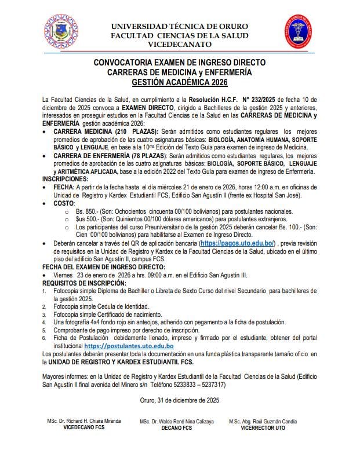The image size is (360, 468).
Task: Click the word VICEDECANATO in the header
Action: click(179, 44)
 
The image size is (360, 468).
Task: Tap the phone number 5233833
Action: click(276, 384)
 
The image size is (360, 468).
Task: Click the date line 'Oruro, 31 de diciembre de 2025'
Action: click(180, 400)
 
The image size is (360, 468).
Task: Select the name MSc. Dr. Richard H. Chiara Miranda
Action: click(79, 422)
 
